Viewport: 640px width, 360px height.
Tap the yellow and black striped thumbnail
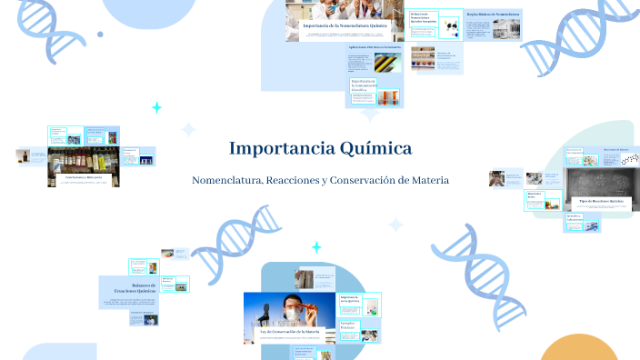(x=384, y=63)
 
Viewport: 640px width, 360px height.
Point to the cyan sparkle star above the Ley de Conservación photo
(x=316, y=247)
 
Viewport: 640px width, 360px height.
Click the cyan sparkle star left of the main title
(x=156, y=108)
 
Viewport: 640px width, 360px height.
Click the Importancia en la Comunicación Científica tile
(x=363, y=91)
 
